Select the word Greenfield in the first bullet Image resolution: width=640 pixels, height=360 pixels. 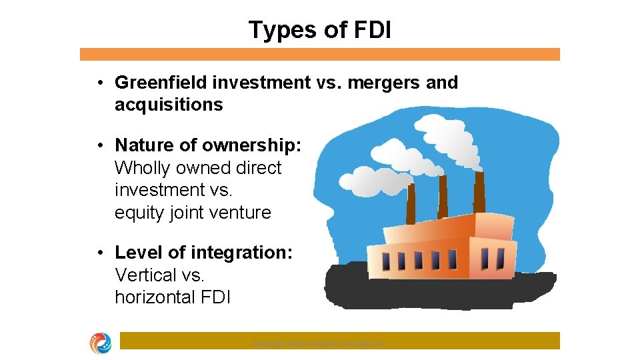161,83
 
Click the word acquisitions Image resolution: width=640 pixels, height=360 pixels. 169,105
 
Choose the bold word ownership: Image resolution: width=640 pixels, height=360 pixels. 253,145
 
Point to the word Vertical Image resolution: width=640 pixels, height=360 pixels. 146,275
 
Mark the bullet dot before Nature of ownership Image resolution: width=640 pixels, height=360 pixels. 99,145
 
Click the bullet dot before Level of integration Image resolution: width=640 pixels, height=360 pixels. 99,253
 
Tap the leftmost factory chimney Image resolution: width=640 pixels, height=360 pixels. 411,203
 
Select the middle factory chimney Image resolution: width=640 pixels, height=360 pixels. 443,196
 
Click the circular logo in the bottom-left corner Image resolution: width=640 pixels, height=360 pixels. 101,343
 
